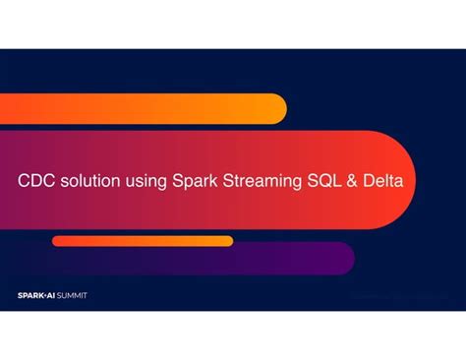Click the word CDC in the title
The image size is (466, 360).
click(36, 181)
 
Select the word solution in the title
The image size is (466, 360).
click(90, 181)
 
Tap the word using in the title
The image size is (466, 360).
click(146, 182)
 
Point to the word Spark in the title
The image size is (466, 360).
click(195, 182)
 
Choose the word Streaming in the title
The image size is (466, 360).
click(262, 182)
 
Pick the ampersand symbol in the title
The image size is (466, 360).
click(352, 181)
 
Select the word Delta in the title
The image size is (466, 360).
click(382, 181)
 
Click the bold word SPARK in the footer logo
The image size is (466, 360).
click(30, 295)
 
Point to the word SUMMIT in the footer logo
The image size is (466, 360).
click(72, 295)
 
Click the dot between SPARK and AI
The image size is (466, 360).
click(45, 295)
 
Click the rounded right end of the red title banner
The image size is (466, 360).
click(416, 180)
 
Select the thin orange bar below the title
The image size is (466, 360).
click(143, 241)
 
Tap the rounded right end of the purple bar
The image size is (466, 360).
click(355, 259)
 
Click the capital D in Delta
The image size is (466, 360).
click(369, 181)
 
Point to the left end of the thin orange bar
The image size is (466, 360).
click(52, 241)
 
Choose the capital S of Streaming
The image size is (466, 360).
click(228, 181)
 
